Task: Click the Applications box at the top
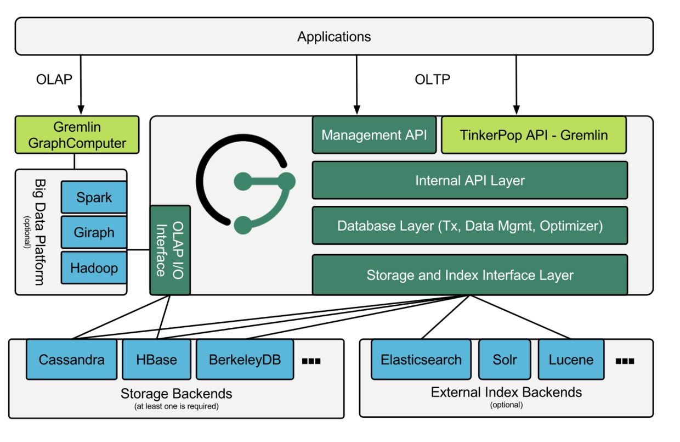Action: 334,36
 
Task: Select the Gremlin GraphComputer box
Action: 77,135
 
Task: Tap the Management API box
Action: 374,135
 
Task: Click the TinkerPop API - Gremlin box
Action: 534,135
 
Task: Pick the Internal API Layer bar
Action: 469,180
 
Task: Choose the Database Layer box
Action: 469,226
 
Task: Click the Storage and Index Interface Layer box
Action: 469,275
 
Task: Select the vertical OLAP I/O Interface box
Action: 170,250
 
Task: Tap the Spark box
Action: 94,197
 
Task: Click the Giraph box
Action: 94,232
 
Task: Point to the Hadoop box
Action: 94,268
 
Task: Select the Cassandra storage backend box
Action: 72,360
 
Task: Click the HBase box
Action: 156,360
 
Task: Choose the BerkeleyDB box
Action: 245,360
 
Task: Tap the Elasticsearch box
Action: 421,360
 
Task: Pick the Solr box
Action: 505,360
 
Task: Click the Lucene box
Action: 571,360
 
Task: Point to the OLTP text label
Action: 432,79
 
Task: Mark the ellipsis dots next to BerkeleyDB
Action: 311,361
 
